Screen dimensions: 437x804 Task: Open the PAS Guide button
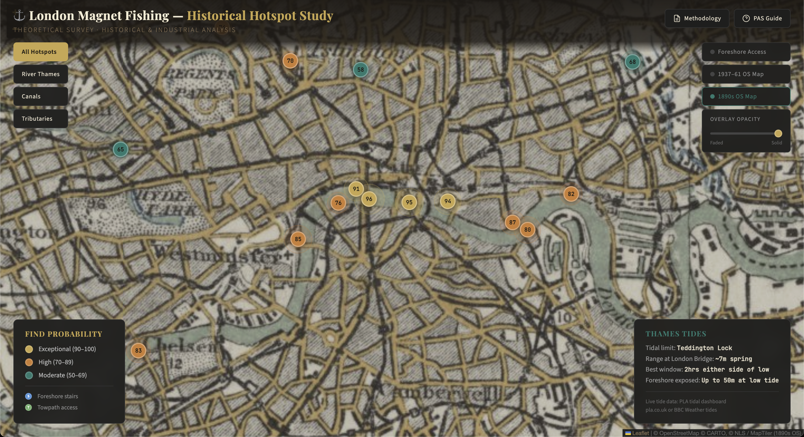(762, 18)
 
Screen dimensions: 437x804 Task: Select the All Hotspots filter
(40, 52)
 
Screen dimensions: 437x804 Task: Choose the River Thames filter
(40, 74)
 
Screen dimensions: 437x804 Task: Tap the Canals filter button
(40, 96)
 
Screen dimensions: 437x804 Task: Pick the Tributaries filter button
(40, 119)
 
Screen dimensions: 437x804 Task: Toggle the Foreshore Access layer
(746, 52)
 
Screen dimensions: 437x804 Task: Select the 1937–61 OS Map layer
(746, 74)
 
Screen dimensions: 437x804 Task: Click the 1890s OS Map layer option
(746, 96)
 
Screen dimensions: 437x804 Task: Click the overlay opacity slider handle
(778, 133)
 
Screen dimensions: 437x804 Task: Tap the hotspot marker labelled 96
(369, 199)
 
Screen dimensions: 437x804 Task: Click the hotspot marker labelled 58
(360, 69)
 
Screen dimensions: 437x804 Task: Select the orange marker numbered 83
(138, 350)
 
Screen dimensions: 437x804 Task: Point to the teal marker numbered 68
(632, 62)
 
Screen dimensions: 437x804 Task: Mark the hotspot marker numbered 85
(298, 239)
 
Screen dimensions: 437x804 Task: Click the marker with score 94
(448, 201)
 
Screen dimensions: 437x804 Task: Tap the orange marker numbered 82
(571, 194)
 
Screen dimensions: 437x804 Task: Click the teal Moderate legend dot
(29, 375)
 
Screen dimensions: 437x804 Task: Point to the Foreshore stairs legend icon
(28, 396)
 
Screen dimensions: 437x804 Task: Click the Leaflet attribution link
(640, 433)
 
